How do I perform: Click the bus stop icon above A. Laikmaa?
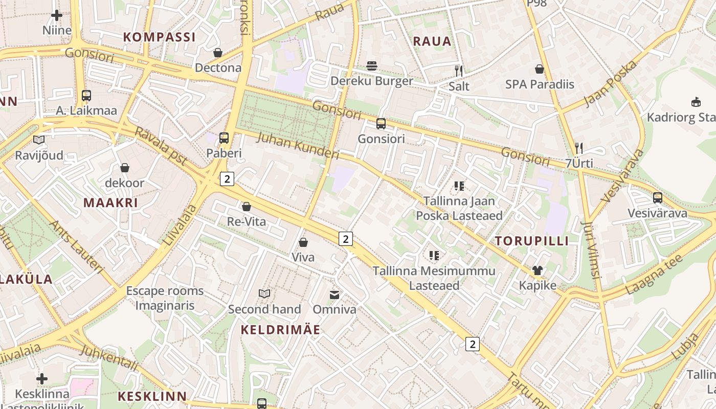pyautogui.click(x=86, y=96)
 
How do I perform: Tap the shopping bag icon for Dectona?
pyautogui.click(x=218, y=53)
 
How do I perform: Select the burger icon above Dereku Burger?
pyautogui.click(x=372, y=66)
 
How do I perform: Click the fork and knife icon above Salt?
pyautogui.click(x=459, y=71)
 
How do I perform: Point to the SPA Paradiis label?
pyautogui.click(x=540, y=84)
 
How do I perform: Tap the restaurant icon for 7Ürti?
pyautogui.click(x=579, y=148)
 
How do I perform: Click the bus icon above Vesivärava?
pyautogui.click(x=658, y=198)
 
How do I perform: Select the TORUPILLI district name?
pyautogui.click(x=531, y=241)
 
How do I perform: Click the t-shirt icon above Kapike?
pyautogui.click(x=537, y=270)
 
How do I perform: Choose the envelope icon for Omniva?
pyautogui.click(x=334, y=294)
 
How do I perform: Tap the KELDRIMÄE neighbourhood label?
pyautogui.click(x=280, y=330)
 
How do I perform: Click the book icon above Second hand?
pyautogui.click(x=264, y=293)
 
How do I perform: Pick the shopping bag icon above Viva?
pyautogui.click(x=303, y=242)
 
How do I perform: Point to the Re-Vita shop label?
pyautogui.click(x=247, y=222)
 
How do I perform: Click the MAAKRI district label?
pyautogui.click(x=110, y=202)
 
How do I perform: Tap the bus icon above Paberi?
pyautogui.click(x=224, y=138)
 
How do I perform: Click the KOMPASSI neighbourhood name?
pyautogui.click(x=160, y=37)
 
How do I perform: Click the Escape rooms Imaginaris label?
pyautogui.click(x=165, y=298)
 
